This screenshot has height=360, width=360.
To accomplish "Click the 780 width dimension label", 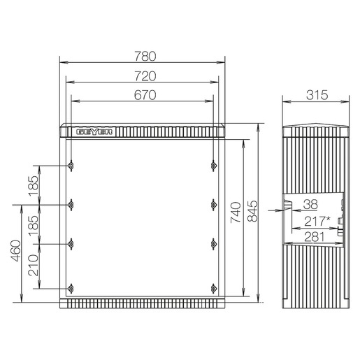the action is (145, 57).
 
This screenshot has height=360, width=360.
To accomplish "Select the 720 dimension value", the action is (145, 76).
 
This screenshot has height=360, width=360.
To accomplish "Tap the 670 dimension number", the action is (145, 95).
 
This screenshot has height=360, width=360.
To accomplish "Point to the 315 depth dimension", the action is (317, 95).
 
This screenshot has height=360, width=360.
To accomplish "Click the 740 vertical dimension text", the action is (236, 213).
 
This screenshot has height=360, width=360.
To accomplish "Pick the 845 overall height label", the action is (252, 211).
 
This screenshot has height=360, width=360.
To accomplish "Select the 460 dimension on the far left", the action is (15, 251).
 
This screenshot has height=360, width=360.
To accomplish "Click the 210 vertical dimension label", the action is (33, 266).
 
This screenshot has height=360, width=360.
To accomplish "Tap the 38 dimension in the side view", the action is (310, 204).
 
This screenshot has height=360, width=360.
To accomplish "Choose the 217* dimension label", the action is (317, 221).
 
